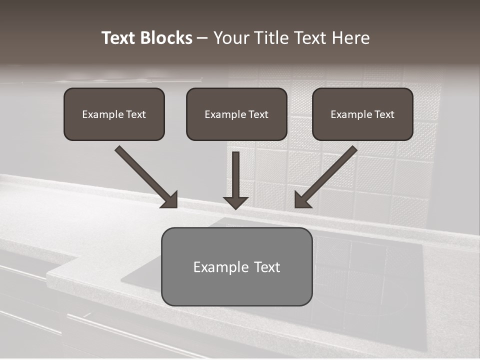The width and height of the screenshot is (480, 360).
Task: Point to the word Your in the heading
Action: (x=231, y=38)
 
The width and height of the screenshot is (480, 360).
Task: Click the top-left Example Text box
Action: (x=114, y=114)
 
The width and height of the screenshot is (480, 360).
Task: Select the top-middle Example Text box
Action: (x=236, y=114)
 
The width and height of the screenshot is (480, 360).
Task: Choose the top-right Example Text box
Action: (x=362, y=114)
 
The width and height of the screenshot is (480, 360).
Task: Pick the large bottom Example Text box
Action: (x=236, y=266)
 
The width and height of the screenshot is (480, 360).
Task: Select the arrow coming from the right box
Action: (x=330, y=172)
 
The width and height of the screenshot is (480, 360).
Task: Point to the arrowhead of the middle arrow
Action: (x=235, y=202)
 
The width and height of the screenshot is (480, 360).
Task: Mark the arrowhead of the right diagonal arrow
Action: (x=301, y=200)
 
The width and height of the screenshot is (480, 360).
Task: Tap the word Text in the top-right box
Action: (x=384, y=114)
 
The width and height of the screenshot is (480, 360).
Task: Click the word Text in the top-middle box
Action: (x=258, y=114)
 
